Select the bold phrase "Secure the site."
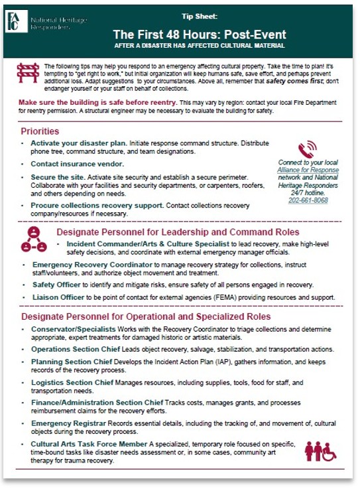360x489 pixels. [x=54, y=178]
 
